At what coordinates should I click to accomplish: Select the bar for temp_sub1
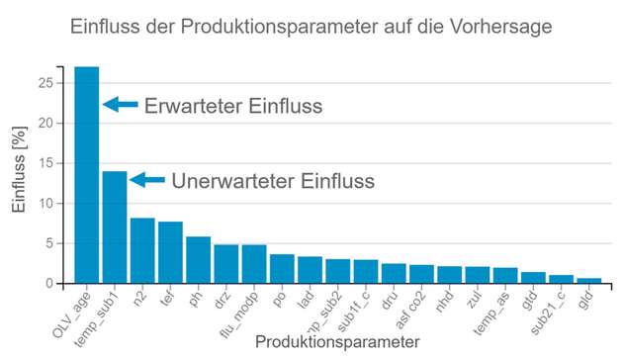115,227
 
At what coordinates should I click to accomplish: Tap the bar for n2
142,251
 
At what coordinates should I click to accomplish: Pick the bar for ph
199,260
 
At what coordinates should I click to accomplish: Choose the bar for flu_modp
254,264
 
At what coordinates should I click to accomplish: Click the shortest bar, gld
589,281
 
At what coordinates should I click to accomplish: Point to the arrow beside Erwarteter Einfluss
121,104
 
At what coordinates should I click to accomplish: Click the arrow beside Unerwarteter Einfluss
147,180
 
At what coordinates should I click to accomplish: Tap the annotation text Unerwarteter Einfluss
273,181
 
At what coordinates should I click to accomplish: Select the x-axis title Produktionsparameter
336,342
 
